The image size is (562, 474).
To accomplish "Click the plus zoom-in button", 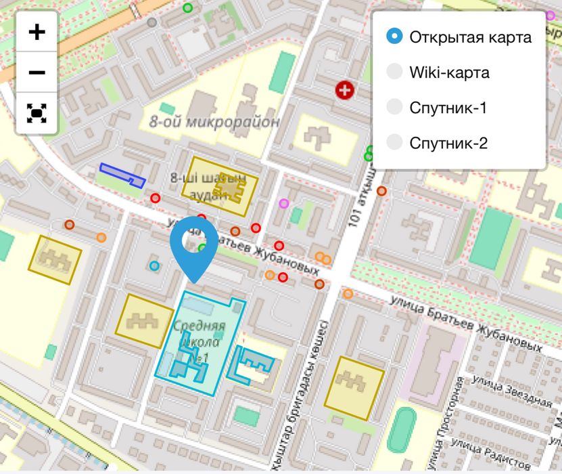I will point(37,32).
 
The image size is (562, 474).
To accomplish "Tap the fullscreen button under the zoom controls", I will point(37,112).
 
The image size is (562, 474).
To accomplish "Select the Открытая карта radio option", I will point(395,37).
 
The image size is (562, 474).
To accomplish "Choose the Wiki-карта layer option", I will point(395,72).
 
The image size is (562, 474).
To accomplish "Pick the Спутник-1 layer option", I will point(395,107).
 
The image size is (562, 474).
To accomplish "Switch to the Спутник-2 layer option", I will point(395,142).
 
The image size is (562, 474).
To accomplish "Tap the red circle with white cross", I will point(345,89).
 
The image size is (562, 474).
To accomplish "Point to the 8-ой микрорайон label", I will point(214,123).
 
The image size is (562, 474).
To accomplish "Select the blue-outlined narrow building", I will point(122,174).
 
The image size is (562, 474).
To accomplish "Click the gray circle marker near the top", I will point(152,22).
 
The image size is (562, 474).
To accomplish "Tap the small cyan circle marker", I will point(155,265).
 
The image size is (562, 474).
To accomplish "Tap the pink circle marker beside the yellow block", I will point(284,203).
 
